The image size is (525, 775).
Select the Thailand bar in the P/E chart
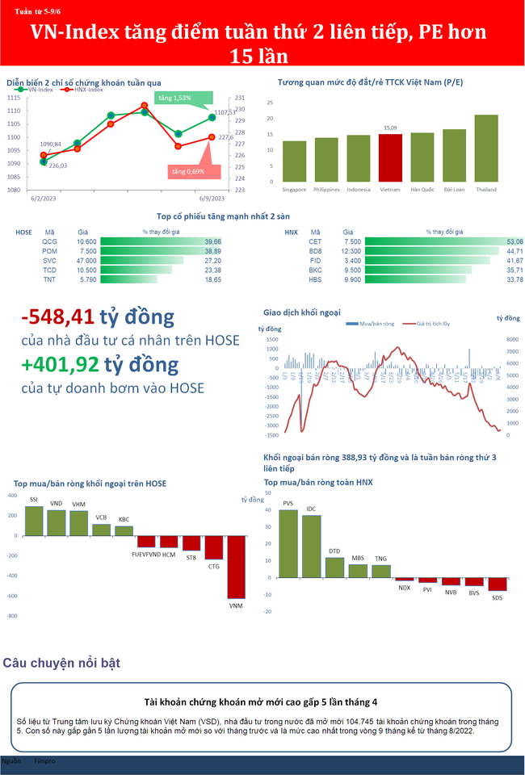(x=485, y=149)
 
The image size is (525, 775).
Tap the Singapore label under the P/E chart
(x=294, y=190)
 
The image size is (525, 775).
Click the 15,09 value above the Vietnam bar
(x=390, y=128)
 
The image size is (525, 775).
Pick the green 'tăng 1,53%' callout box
(x=174, y=98)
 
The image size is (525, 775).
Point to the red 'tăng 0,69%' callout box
(x=187, y=171)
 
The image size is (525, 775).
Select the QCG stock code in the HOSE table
(x=50, y=241)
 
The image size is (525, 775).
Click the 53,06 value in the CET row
(x=514, y=241)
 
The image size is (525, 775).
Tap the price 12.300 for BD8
(x=353, y=251)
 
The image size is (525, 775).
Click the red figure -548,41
(x=57, y=316)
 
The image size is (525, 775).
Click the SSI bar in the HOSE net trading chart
(x=34, y=521)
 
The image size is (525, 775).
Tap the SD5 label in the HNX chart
(x=497, y=597)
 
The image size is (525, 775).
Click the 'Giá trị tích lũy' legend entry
(x=427, y=323)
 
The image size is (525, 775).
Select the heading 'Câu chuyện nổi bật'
(x=61, y=663)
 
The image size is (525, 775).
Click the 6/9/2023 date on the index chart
(x=212, y=198)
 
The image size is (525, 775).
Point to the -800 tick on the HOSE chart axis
(x=12, y=616)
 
